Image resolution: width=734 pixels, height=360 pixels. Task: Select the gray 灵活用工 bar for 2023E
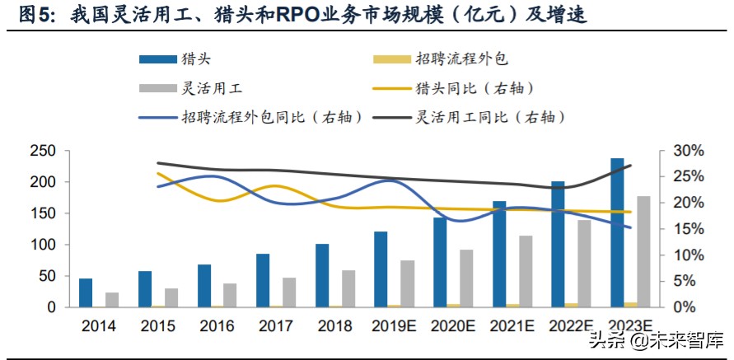(x=643, y=251)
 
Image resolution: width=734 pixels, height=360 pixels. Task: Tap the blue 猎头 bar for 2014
(x=86, y=292)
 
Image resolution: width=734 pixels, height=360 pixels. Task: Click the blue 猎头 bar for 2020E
(x=440, y=262)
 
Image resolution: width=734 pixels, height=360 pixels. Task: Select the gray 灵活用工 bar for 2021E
(x=526, y=271)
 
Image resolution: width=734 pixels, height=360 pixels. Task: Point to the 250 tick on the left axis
(x=44, y=151)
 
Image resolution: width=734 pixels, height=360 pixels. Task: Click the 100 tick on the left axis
(x=44, y=245)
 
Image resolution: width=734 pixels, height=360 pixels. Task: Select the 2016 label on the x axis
(x=216, y=325)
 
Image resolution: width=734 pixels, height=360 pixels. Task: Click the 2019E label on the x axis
(x=393, y=325)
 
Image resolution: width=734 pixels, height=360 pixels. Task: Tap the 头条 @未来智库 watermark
(x=656, y=339)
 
